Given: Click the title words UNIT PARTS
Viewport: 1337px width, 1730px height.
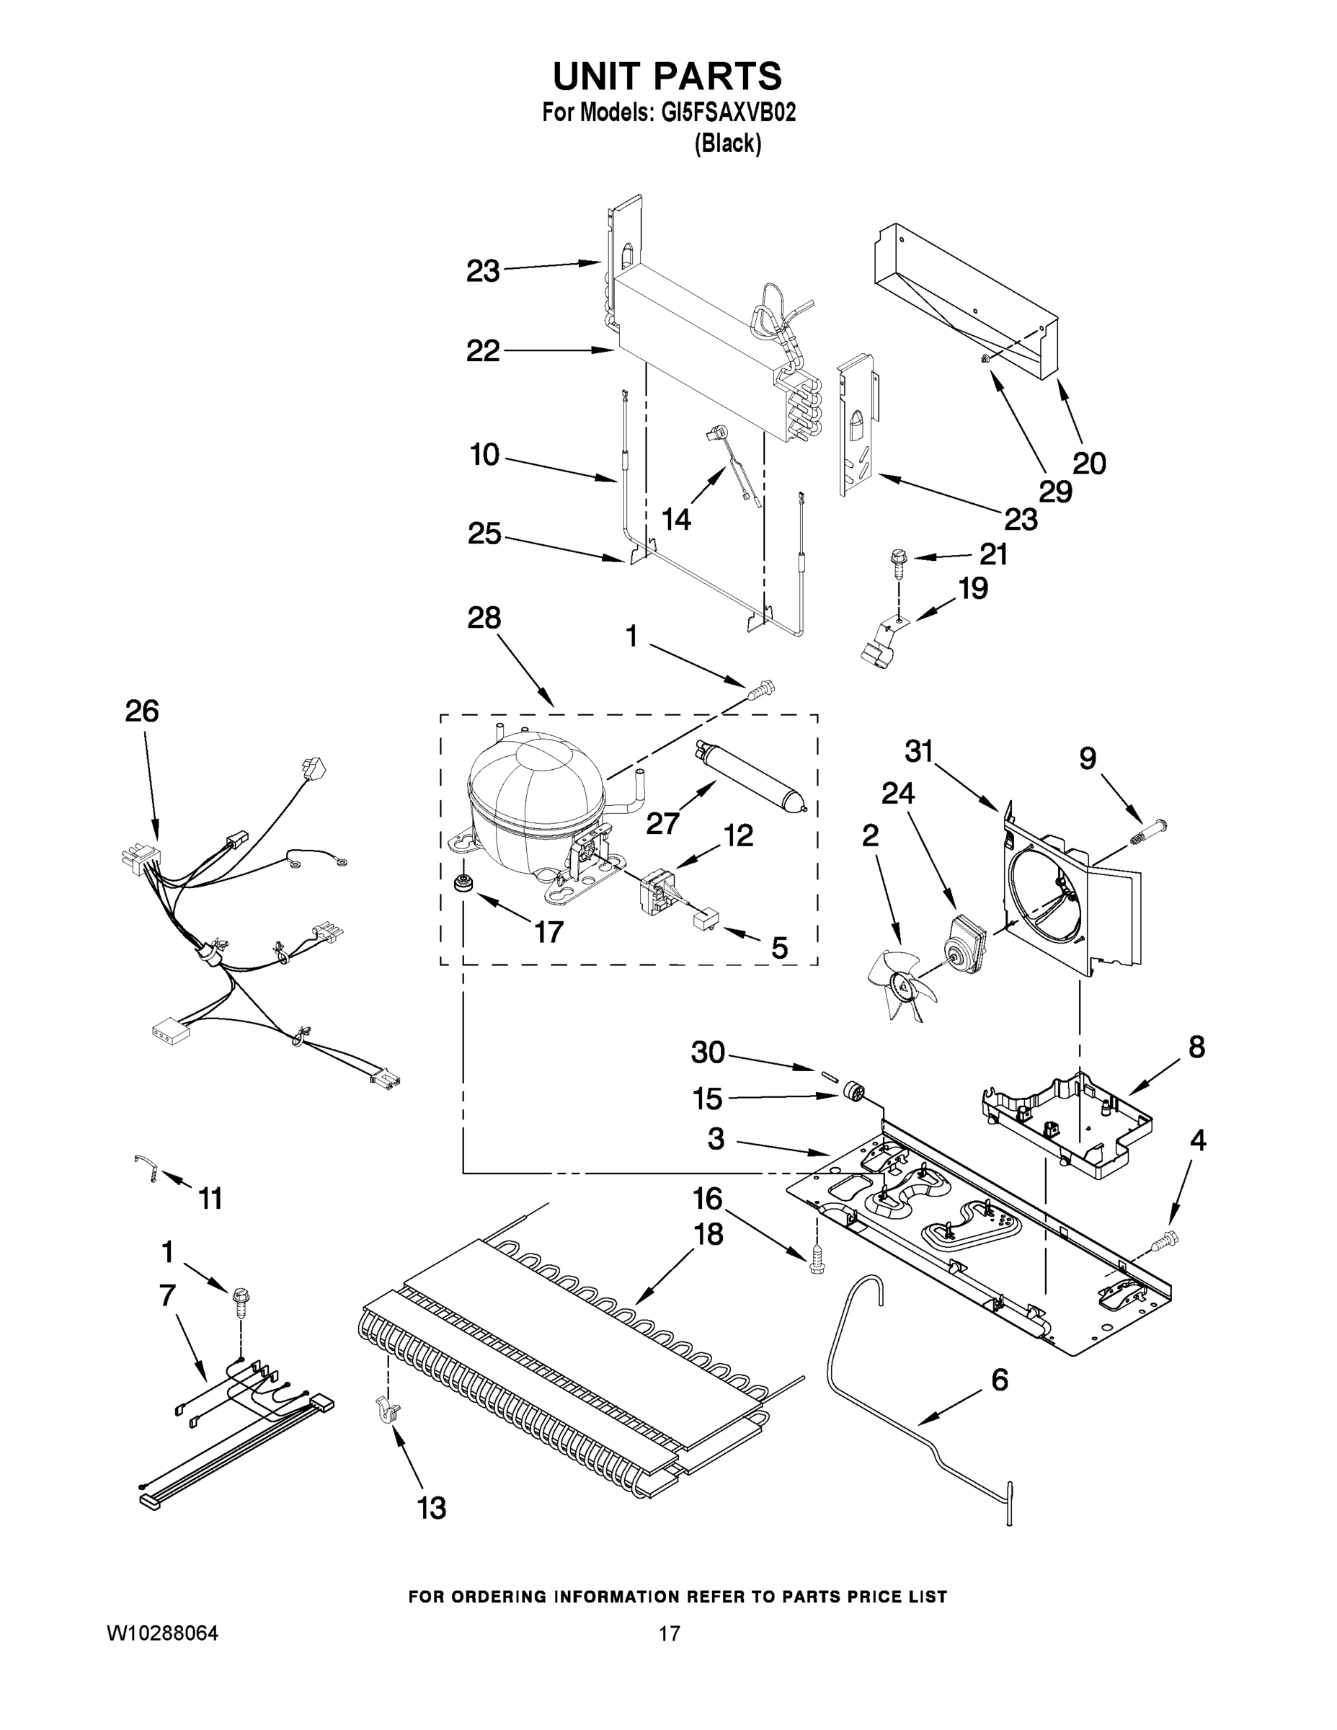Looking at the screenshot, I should click(667, 77).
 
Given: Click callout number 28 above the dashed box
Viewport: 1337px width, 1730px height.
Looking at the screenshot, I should click(484, 617).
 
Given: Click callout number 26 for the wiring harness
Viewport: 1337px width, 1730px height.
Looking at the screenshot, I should click(142, 711).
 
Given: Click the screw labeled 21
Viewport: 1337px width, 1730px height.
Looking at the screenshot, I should click(897, 559).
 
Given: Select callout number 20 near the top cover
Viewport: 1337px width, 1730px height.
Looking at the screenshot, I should click(1088, 463).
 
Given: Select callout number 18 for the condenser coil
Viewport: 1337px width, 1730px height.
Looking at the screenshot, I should click(708, 1233).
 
